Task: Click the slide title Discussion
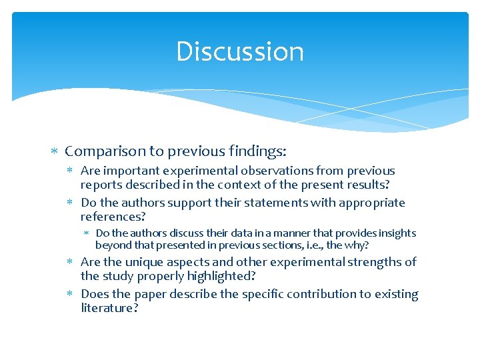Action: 240,52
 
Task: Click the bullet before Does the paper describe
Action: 71,294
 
